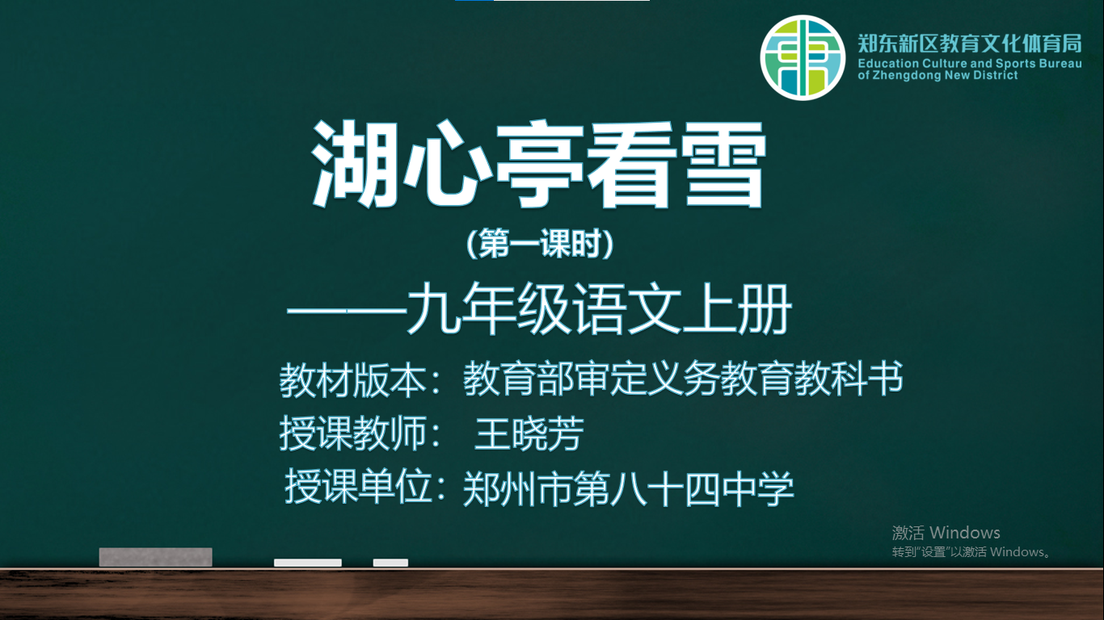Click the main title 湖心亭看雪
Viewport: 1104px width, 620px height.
point(539,164)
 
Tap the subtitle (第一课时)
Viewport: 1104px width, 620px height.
point(540,243)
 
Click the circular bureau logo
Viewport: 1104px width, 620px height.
point(803,57)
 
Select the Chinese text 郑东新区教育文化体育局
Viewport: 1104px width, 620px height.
point(970,44)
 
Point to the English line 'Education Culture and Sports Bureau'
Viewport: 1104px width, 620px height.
point(970,64)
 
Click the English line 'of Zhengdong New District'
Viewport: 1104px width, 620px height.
point(938,75)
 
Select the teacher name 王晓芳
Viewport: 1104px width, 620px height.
point(529,434)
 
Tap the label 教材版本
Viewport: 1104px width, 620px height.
point(353,380)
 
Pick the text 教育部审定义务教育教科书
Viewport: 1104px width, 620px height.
point(683,378)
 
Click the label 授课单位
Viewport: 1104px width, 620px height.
point(358,487)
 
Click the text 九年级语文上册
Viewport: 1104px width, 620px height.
point(600,308)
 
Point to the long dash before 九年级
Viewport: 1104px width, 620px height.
point(347,312)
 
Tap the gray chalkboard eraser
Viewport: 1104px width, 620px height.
point(156,557)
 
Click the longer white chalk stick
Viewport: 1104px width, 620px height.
point(308,563)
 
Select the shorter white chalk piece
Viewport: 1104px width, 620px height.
point(390,563)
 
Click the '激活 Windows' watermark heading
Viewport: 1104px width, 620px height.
point(946,533)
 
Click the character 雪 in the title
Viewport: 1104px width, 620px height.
point(723,164)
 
